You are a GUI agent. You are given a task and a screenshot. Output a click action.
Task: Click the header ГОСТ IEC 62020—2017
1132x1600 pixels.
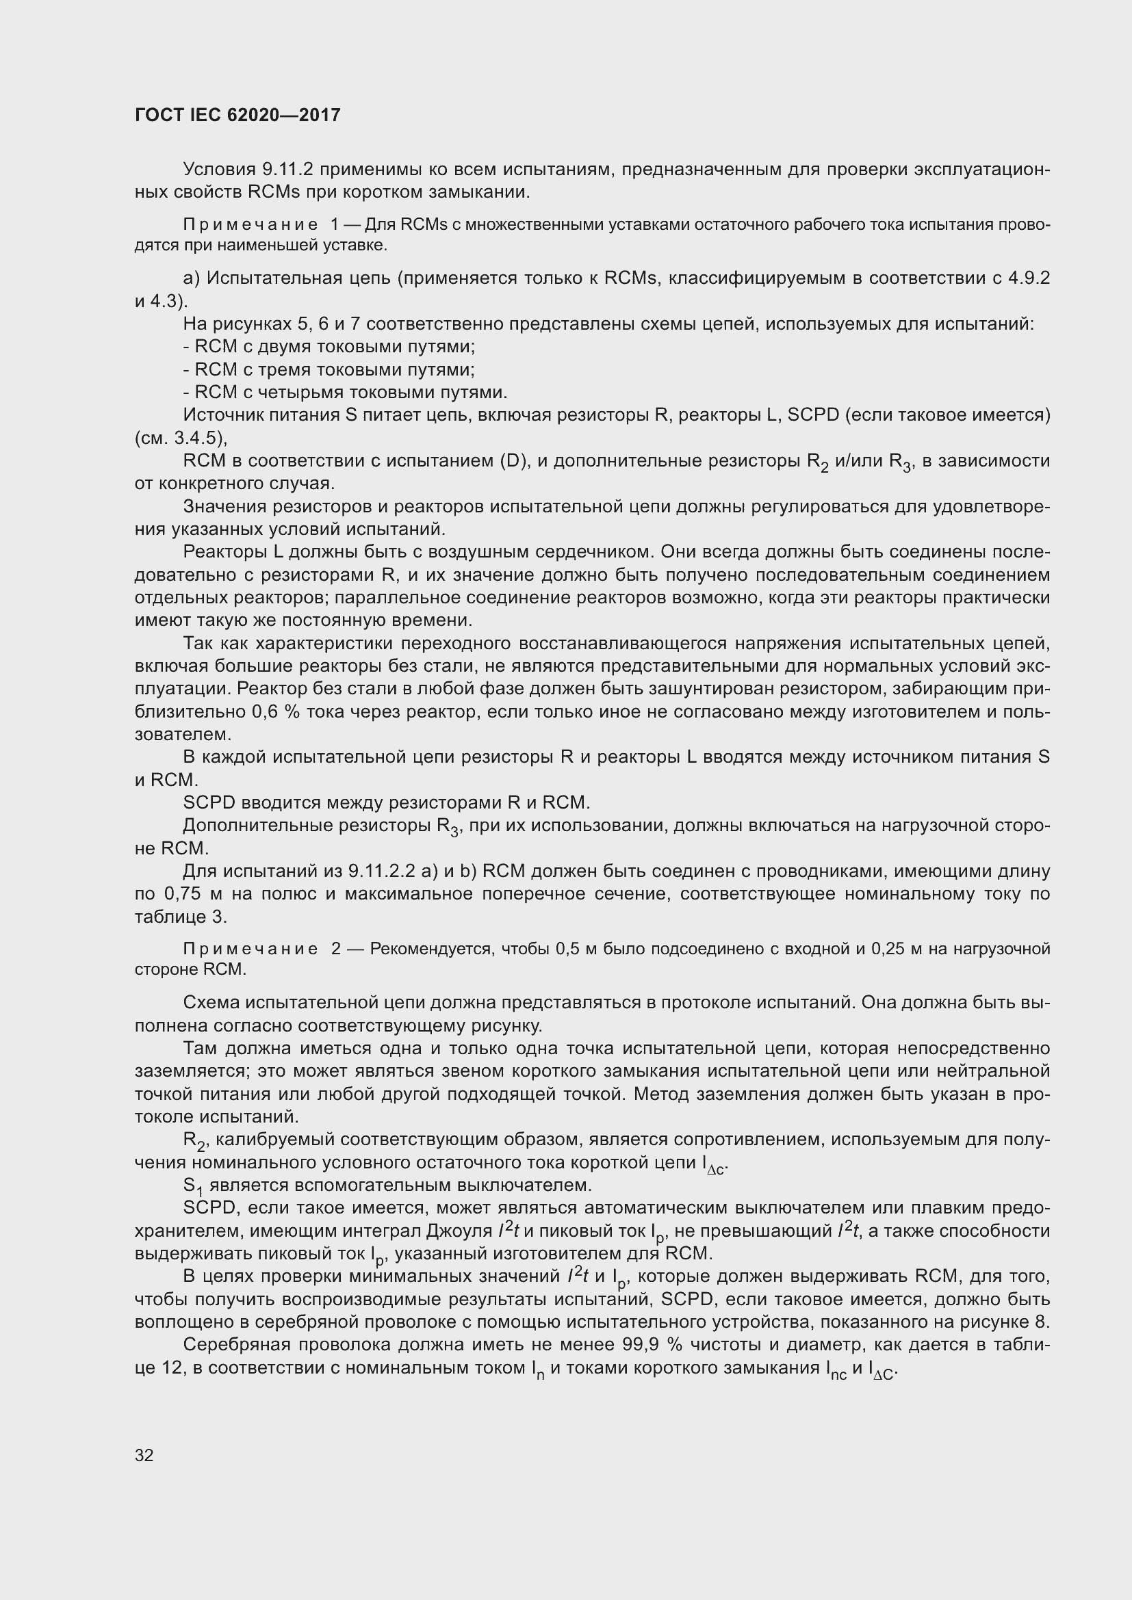point(237,115)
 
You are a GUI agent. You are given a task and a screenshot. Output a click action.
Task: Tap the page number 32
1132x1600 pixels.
point(144,1456)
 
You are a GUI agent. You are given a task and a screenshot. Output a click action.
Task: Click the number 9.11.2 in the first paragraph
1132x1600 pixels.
point(287,170)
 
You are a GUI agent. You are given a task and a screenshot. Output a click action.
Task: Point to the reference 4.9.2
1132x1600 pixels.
point(1028,278)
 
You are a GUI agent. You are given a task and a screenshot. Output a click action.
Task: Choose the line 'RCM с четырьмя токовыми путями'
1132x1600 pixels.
point(345,392)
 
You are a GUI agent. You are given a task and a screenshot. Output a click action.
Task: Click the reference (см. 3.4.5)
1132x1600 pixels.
point(181,438)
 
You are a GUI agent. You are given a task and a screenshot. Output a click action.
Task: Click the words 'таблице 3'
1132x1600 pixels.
point(181,917)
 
